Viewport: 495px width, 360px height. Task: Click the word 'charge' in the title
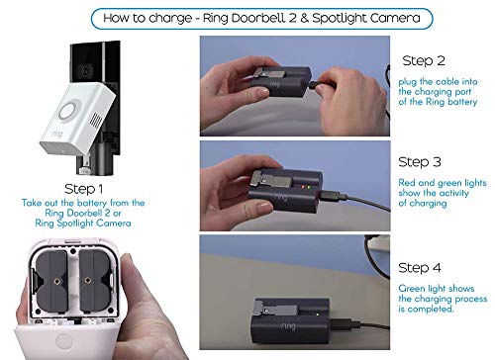point(211,17)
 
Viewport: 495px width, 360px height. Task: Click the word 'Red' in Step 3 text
point(408,184)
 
